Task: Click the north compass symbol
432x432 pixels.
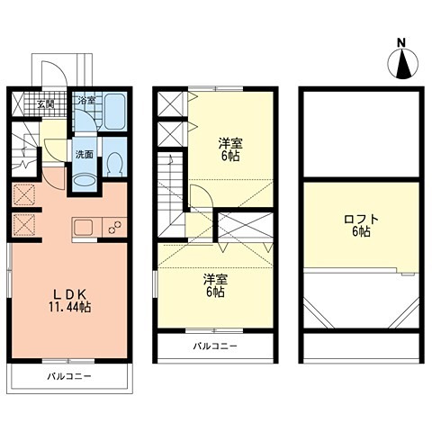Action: point(402,64)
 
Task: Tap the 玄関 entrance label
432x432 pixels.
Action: point(46,104)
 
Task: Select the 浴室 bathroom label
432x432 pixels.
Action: point(86,100)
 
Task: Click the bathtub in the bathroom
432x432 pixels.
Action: point(114,111)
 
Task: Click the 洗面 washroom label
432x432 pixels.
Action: point(85,155)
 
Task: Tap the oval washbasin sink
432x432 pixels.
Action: point(85,182)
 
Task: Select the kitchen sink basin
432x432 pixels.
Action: point(84,228)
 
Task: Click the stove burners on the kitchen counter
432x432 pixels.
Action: point(115,227)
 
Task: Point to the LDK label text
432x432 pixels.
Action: point(70,294)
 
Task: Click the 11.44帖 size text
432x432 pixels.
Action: point(70,307)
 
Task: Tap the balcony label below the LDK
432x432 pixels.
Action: point(69,376)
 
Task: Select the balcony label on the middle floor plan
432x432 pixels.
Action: point(215,346)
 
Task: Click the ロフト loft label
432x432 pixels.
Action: point(361,219)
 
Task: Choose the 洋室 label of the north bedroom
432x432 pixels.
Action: point(230,143)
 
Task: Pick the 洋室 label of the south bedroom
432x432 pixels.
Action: point(216,279)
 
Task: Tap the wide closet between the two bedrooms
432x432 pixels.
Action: point(246,226)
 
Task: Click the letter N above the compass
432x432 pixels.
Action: point(401,43)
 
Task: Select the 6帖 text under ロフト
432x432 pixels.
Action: point(361,231)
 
